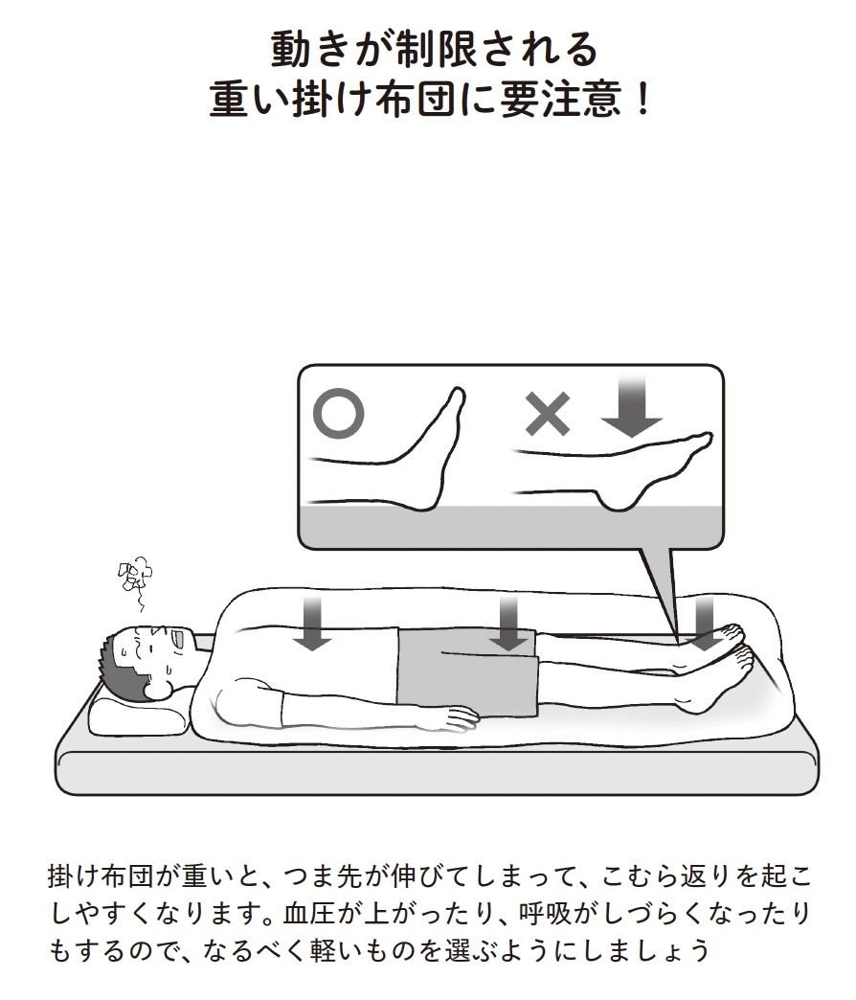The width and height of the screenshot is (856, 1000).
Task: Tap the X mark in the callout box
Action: pos(548,414)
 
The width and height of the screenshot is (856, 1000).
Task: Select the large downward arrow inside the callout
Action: pos(631,405)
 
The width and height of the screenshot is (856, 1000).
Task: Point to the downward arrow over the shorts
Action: pos(508,624)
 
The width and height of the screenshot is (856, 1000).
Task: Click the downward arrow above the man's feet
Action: pos(705,624)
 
